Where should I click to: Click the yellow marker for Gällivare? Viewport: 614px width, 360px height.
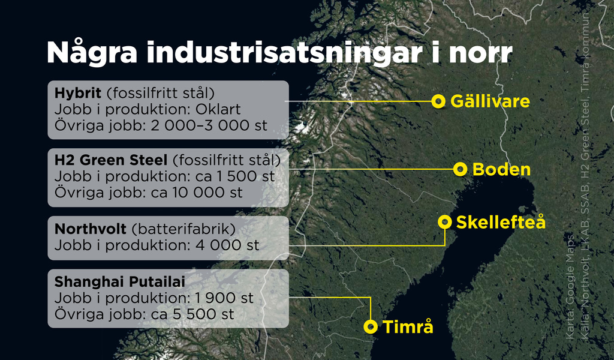click(x=438, y=101)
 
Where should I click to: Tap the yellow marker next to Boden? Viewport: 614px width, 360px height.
click(x=460, y=169)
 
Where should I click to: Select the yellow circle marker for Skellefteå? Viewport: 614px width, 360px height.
click(x=444, y=222)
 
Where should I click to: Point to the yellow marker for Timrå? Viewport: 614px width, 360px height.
click(x=371, y=327)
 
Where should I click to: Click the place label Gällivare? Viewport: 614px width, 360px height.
click(x=490, y=101)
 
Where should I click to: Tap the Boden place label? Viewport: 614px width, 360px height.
click(x=502, y=170)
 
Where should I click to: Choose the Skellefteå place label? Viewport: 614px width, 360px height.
click(x=501, y=222)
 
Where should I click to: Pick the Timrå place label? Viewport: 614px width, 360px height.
click(x=408, y=327)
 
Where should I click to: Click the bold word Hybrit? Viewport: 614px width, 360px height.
click(x=78, y=93)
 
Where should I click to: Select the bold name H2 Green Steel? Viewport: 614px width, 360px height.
click(x=111, y=160)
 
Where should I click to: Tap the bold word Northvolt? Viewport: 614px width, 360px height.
click(x=91, y=229)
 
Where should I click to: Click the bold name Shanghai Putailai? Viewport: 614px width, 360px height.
click(x=119, y=281)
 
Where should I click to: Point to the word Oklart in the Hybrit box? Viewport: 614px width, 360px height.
click(x=218, y=109)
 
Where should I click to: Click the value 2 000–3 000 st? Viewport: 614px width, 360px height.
click(x=209, y=126)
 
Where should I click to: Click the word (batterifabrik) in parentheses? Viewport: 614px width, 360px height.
click(x=183, y=229)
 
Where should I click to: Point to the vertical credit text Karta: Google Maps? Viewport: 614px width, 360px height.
click(x=570, y=287)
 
